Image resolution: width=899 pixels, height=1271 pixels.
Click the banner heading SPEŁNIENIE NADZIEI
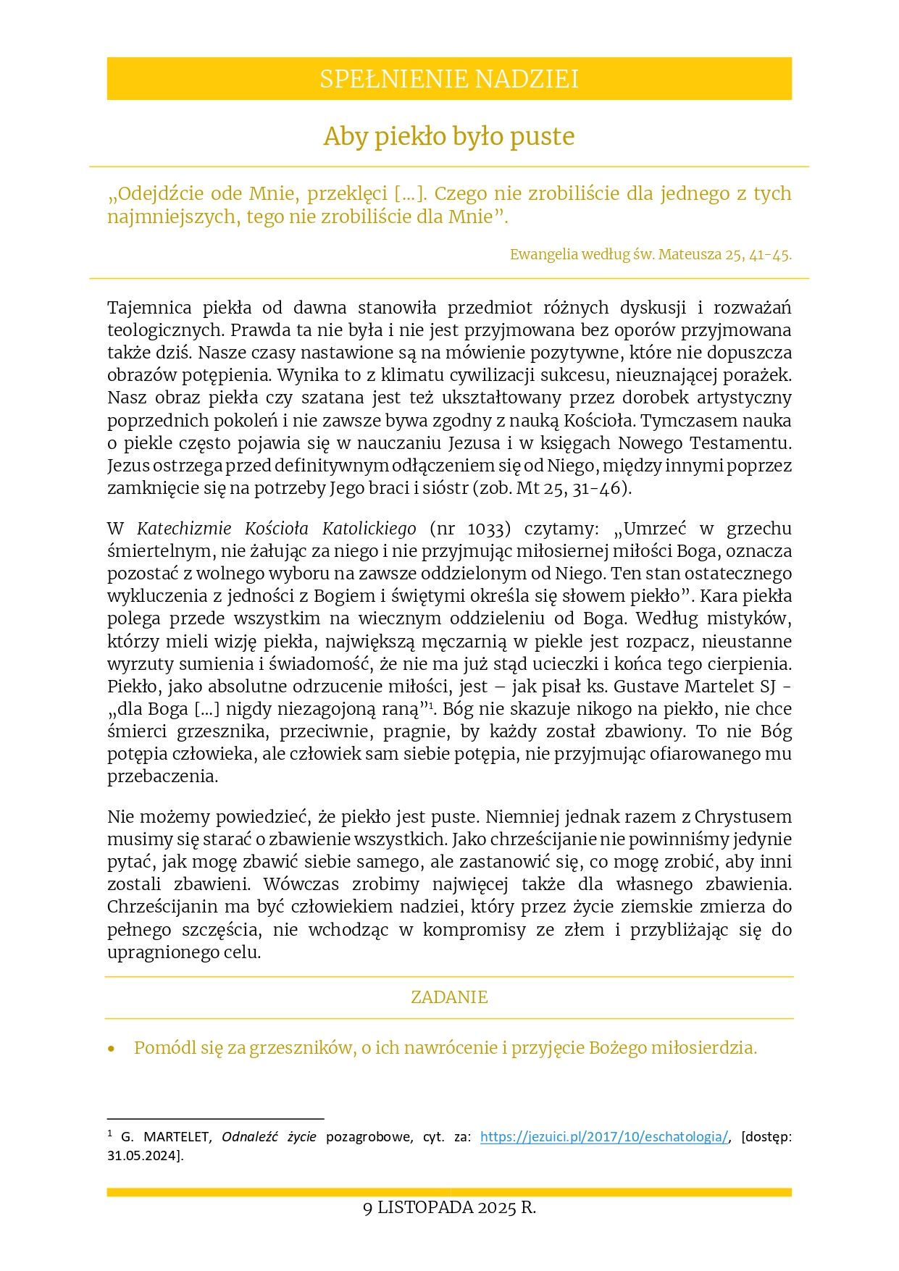click(x=449, y=79)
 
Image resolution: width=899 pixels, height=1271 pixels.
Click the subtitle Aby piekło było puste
click(x=449, y=136)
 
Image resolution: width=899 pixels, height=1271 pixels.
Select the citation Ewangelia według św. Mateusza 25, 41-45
click(x=651, y=255)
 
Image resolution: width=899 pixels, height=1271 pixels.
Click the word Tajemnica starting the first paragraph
click(x=149, y=308)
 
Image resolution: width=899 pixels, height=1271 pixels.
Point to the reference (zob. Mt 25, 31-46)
click(x=552, y=488)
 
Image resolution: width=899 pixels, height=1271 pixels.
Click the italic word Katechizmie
click(x=184, y=529)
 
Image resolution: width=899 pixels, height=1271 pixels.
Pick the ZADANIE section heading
click(x=449, y=997)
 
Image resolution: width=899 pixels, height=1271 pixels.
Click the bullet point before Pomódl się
click(x=112, y=1049)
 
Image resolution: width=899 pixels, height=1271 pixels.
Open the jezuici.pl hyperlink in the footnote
click(x=603, y=1137)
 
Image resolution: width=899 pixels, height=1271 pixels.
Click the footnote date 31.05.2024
click(x=142, y=1156)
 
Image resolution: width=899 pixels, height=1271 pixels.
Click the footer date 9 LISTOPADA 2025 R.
click(x=449, y=1208)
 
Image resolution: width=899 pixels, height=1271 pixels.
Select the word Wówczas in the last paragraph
click(x=301, y=884)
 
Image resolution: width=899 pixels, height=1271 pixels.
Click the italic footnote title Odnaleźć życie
click(x=269, y=1137)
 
